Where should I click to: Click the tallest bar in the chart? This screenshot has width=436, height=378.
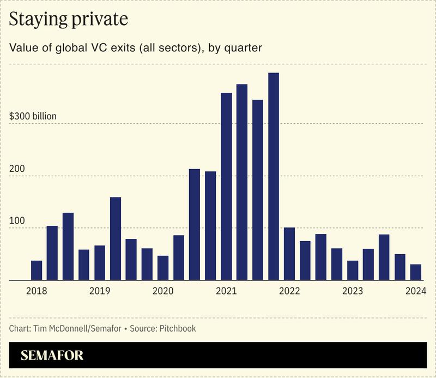[x=274, y=176]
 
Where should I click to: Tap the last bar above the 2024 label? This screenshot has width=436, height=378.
[x=416, y=272]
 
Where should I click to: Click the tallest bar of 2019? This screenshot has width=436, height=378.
[x=116, y=238]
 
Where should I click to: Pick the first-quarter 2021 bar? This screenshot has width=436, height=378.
[x=226, y=186]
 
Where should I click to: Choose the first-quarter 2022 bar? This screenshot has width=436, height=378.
[x=289, y=254]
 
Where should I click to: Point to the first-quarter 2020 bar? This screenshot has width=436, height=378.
[x=163, y=268]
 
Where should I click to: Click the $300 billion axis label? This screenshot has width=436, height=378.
[x=33, y=117]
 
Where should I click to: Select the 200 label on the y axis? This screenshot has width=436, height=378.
[x=17, y=169]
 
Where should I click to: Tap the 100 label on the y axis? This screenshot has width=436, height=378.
[x=17, y=221]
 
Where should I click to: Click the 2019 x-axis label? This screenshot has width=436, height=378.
[x=100, y=291]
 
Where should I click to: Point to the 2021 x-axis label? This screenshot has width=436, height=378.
[x=226, y=291]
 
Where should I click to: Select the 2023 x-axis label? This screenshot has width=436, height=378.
[x=353, y=291]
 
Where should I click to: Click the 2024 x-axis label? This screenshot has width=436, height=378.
[x=416, y=291]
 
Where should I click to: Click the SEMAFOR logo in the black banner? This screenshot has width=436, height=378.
[x=52, y=356]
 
